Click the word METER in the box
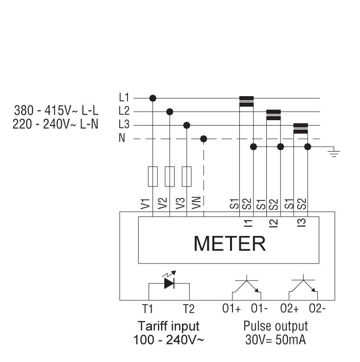point(230,243)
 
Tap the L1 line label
point(124,98)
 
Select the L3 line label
point(124,125)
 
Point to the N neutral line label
point(122,139)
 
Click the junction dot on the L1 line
point(153,98)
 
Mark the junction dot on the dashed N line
point(204,139)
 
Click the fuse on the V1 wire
point(153,177)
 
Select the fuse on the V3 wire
point(186,177)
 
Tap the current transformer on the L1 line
point(246,101)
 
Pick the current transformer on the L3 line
point(300,128)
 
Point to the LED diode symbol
point(169,283)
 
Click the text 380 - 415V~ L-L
point(56,111)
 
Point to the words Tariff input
point(169,326)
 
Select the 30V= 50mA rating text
point(276,339)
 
